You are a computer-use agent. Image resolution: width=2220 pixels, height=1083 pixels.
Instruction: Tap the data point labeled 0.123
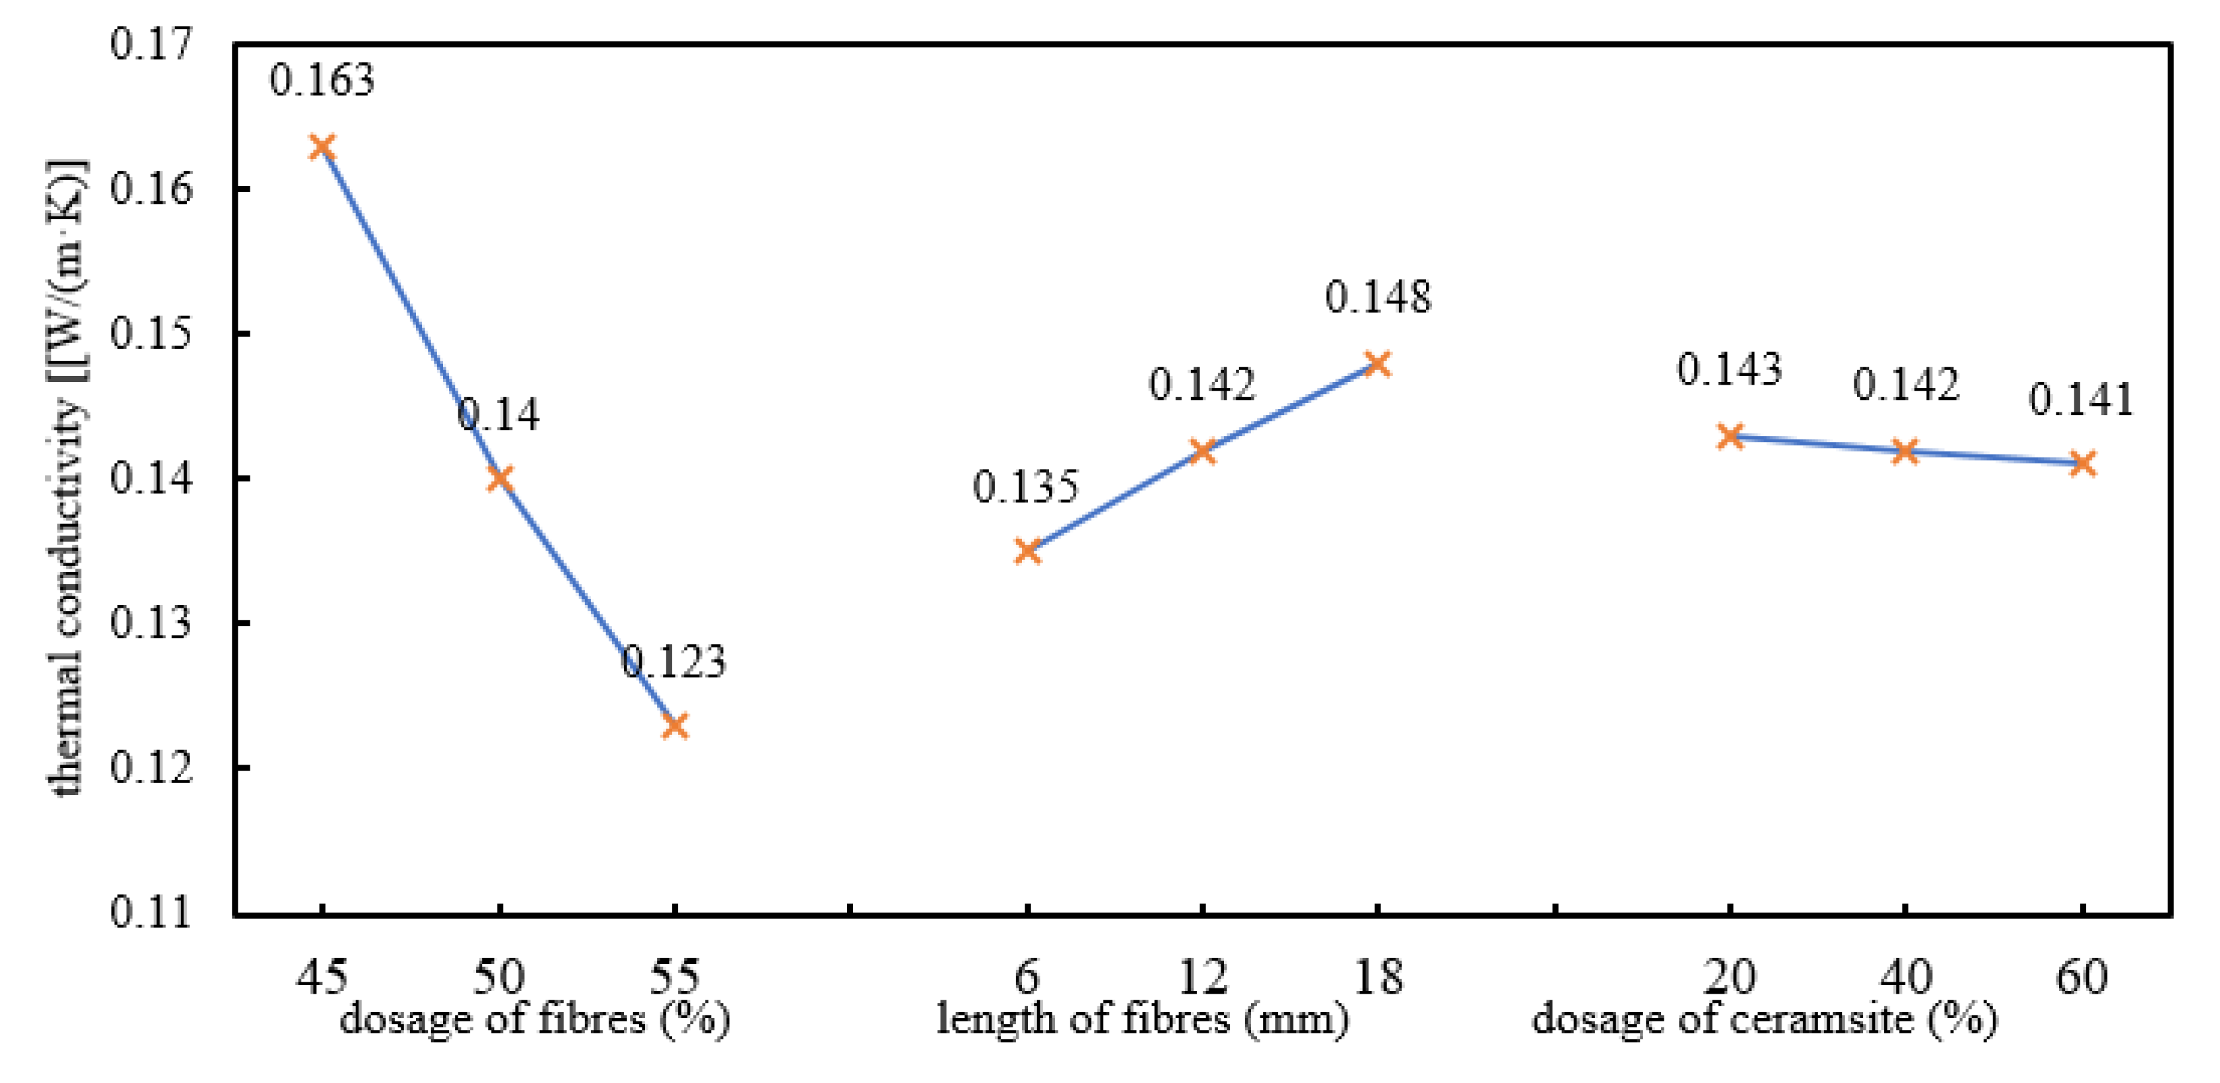click(x=676, y=726)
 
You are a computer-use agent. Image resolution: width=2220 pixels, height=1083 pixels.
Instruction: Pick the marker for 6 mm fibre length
click(x=1027, y=551)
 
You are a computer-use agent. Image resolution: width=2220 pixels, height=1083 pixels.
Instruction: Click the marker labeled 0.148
click(x=1378, y=363)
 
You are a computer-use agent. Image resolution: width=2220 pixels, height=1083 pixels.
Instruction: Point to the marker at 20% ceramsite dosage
click(x=1730, y=436)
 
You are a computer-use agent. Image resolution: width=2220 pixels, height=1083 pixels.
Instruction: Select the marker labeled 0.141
click(x=2082, y=463)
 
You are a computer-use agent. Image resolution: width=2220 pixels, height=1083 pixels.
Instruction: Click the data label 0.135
click(x=1025, y=487)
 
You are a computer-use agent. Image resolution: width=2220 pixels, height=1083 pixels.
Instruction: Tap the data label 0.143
click(x=1729, y=369)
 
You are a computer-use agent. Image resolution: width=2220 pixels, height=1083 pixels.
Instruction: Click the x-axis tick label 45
click(x=323, y=977)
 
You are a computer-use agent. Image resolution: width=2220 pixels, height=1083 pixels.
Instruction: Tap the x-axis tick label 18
click(x=1378, y=977)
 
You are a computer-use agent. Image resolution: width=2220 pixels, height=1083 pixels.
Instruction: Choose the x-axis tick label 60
click(x=2082, y=977)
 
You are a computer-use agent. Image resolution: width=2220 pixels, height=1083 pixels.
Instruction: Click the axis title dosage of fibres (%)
click(x=534, y=1019)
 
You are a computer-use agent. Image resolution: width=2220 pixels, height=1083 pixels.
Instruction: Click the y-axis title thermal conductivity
click(x=67, y=478)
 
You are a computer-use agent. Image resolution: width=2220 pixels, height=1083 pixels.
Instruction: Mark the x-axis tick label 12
click(x=1202, y=977)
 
